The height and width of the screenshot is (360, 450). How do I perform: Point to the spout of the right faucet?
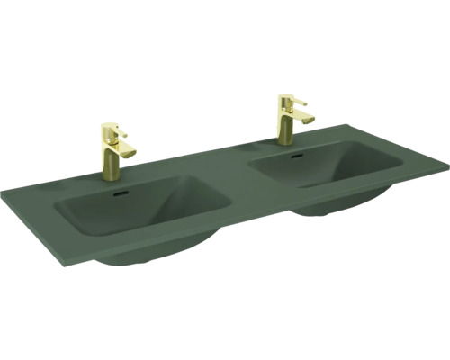pos(306,118)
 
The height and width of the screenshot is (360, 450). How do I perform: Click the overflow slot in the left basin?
pos(121,191)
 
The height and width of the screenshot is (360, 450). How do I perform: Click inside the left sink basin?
pos(135,211)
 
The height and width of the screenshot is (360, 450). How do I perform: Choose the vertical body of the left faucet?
pos(110,157)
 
